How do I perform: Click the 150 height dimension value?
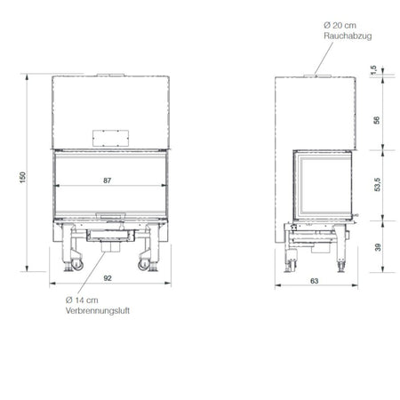coord(23,178)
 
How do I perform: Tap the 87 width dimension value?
coord(108,180)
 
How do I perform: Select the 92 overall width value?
coord(108,278)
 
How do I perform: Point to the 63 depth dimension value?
coord(315,281)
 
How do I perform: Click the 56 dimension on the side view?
coord(377,120)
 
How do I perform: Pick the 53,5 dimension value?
coord(378,184)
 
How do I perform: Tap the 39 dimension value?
coord(378,247)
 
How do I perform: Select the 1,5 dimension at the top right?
coord(374,69)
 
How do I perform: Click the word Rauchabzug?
coord(348,36)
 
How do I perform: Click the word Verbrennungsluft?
coord(98,311)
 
